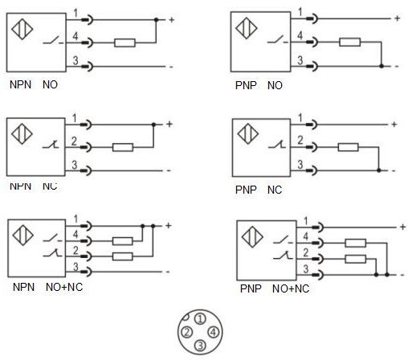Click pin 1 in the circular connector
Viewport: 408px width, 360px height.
tap(200, 319)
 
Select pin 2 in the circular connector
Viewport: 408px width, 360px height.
tap(186, 332)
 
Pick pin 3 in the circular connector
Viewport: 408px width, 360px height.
tap(200, 346)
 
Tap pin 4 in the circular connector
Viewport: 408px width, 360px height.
tap(213, 332)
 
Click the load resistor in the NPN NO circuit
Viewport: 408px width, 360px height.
tap(124, 43)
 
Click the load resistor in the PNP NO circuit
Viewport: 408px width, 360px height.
tap(349, 43)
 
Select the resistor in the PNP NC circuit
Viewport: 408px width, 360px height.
tap(348, 147)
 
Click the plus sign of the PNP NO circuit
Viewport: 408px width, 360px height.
tap(396, 17)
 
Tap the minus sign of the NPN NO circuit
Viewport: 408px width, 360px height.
tap(170, 66)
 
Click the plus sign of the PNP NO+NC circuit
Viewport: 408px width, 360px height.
tap(401, 227)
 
